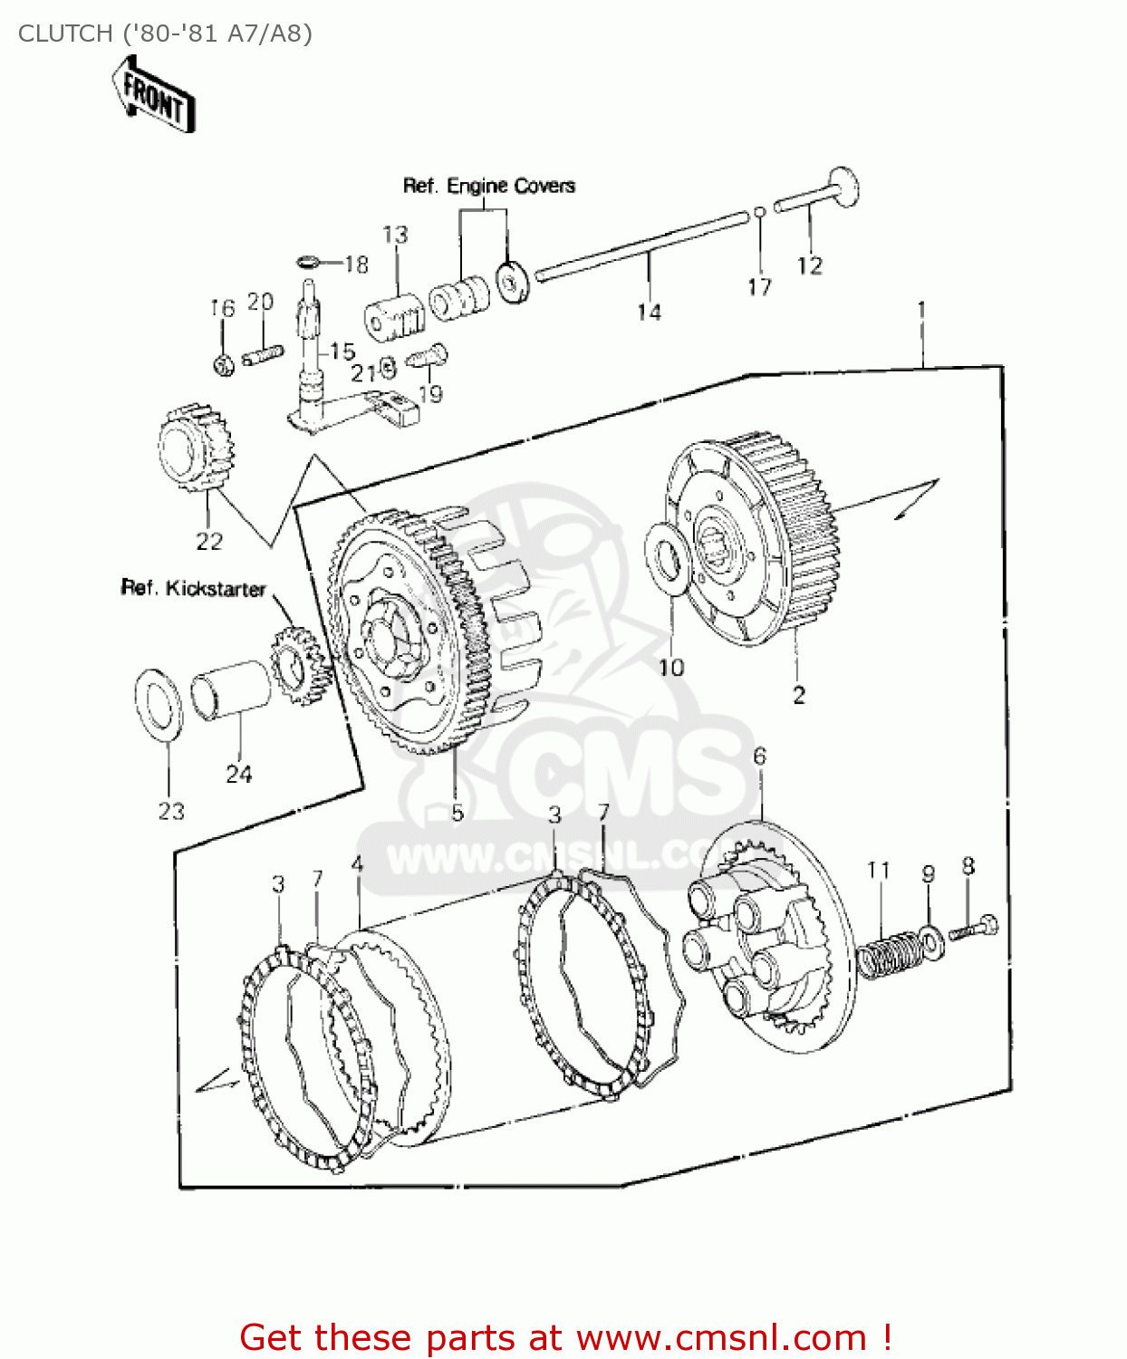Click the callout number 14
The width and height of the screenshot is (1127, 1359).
(649, 312)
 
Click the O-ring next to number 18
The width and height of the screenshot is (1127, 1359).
(308, 263)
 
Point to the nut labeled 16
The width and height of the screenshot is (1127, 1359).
(223, 364)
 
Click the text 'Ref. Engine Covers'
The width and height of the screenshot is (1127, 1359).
(488, 186)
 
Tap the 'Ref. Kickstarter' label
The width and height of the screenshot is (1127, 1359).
(193, 588)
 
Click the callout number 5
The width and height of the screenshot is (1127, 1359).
(458, 812)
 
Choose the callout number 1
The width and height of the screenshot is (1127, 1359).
(921, 310)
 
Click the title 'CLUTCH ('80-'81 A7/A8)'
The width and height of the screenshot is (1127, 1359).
(165, 34)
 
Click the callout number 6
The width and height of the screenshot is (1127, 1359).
(759, 756)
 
